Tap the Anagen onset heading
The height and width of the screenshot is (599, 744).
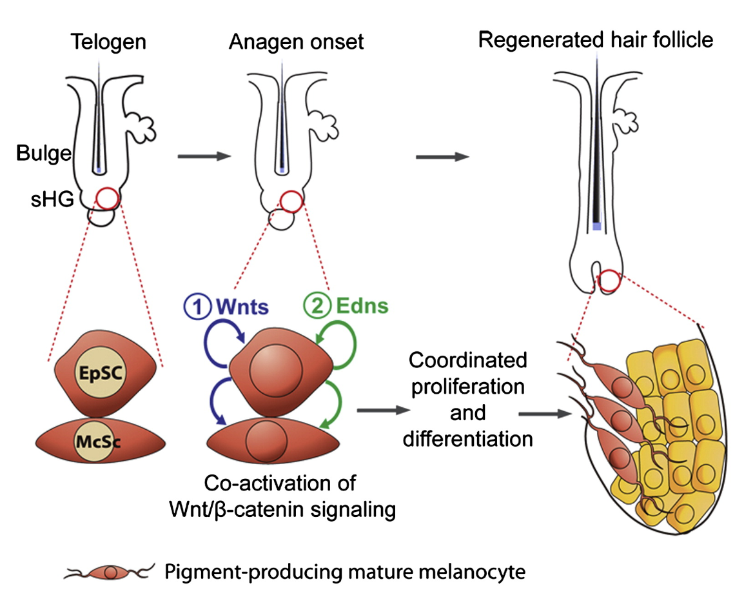pyautogui.click(x=296, y=43)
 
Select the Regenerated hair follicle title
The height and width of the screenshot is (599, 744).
pyautogui.click(x=596, y=40)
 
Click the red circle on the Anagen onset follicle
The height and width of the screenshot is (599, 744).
pyautogui.click(x=291, y=201)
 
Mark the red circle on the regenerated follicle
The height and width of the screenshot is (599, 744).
pyautogui.click(x=609, y=281)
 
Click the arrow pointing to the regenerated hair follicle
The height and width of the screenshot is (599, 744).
pyautogui.click(x=442, y=156)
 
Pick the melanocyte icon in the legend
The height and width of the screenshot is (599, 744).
pyautogui.click(x=111, y=571)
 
